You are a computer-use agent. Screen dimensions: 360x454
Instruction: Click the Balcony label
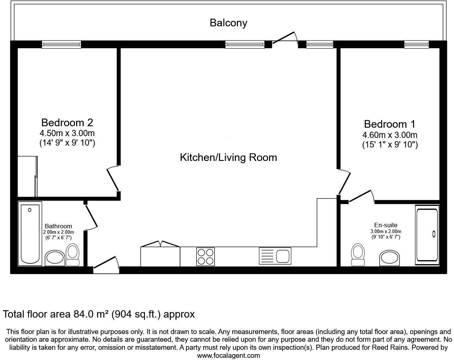pos(228,23)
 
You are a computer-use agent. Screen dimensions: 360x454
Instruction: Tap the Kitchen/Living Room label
pos(228,157)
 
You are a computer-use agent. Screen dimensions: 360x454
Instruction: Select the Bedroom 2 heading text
pos(67,122)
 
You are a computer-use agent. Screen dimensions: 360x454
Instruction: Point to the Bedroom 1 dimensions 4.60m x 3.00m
pos(390,135)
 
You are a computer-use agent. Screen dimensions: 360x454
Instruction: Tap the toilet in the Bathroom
pos(73,255)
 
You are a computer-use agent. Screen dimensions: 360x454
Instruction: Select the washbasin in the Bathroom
pos(55,258)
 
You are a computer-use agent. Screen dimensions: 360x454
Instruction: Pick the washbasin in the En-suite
pos(390,258)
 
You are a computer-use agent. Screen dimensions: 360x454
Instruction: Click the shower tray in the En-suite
pos(427,234)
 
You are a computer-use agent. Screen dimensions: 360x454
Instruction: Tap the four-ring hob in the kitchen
pos(205,256)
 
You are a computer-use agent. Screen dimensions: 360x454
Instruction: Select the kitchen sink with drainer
pos(275,256)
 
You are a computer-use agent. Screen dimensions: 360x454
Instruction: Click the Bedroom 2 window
pos(61,44)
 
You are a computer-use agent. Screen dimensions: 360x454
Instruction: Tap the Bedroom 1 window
pos(417,44)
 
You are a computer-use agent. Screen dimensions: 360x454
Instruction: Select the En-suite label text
pos(386,225)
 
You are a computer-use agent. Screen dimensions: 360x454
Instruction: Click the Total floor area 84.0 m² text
pos(99,314)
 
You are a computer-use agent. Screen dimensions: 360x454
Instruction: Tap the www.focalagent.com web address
pos(228,355)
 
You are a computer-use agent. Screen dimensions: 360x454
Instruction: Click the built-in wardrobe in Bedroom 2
pos(27,176)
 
